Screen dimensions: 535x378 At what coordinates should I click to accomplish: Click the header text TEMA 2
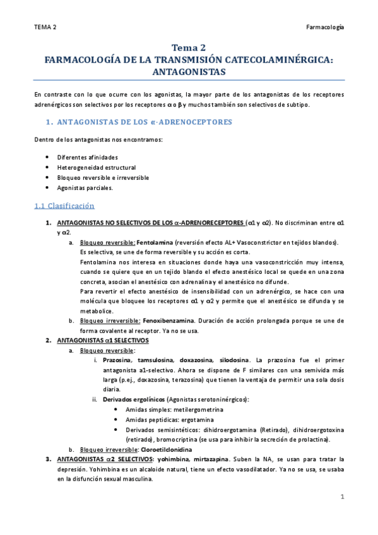tap(45, 27)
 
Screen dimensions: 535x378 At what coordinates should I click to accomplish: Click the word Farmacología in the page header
tap(324, 27)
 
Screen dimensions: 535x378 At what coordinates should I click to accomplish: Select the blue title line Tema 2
tap(189, 48)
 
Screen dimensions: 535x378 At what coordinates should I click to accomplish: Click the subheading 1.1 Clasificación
tap(64, 206)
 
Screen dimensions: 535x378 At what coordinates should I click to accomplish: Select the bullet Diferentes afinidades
tap(87, 156)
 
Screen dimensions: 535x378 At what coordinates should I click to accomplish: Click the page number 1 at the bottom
tap(341, 497)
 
